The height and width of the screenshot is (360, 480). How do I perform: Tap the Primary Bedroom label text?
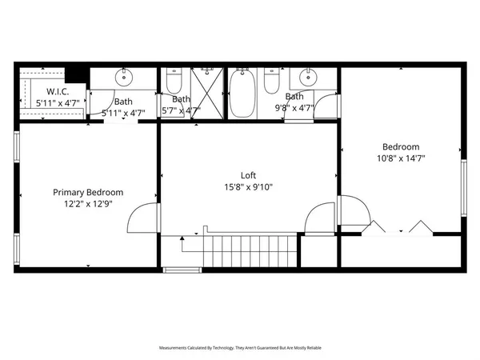[x=88, y=192]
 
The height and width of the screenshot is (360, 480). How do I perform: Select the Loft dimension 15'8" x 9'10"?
[x=248, y=187]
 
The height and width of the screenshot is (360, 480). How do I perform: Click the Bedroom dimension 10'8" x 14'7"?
[x=401, y=158]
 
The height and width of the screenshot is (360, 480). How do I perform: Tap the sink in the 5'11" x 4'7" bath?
[x=124, y=78]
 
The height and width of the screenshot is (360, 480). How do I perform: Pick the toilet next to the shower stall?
[x=175, y=82]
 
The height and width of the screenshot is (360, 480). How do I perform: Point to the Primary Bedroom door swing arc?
[x=139, y=218]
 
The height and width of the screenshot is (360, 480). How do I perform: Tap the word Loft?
[x=248, y=175]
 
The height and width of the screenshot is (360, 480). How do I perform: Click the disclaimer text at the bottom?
[x=240, y=348]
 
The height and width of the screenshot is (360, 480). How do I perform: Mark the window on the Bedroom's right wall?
[x=463, y=188]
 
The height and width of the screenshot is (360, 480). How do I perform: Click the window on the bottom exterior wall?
[x=181, y=270]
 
